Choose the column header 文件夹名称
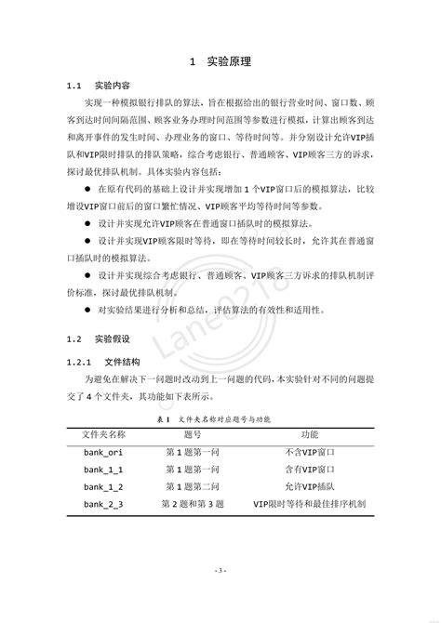(104, 434)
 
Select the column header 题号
(194, 434)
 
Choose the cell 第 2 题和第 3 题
(194, 505)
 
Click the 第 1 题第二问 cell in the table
(194, 487)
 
